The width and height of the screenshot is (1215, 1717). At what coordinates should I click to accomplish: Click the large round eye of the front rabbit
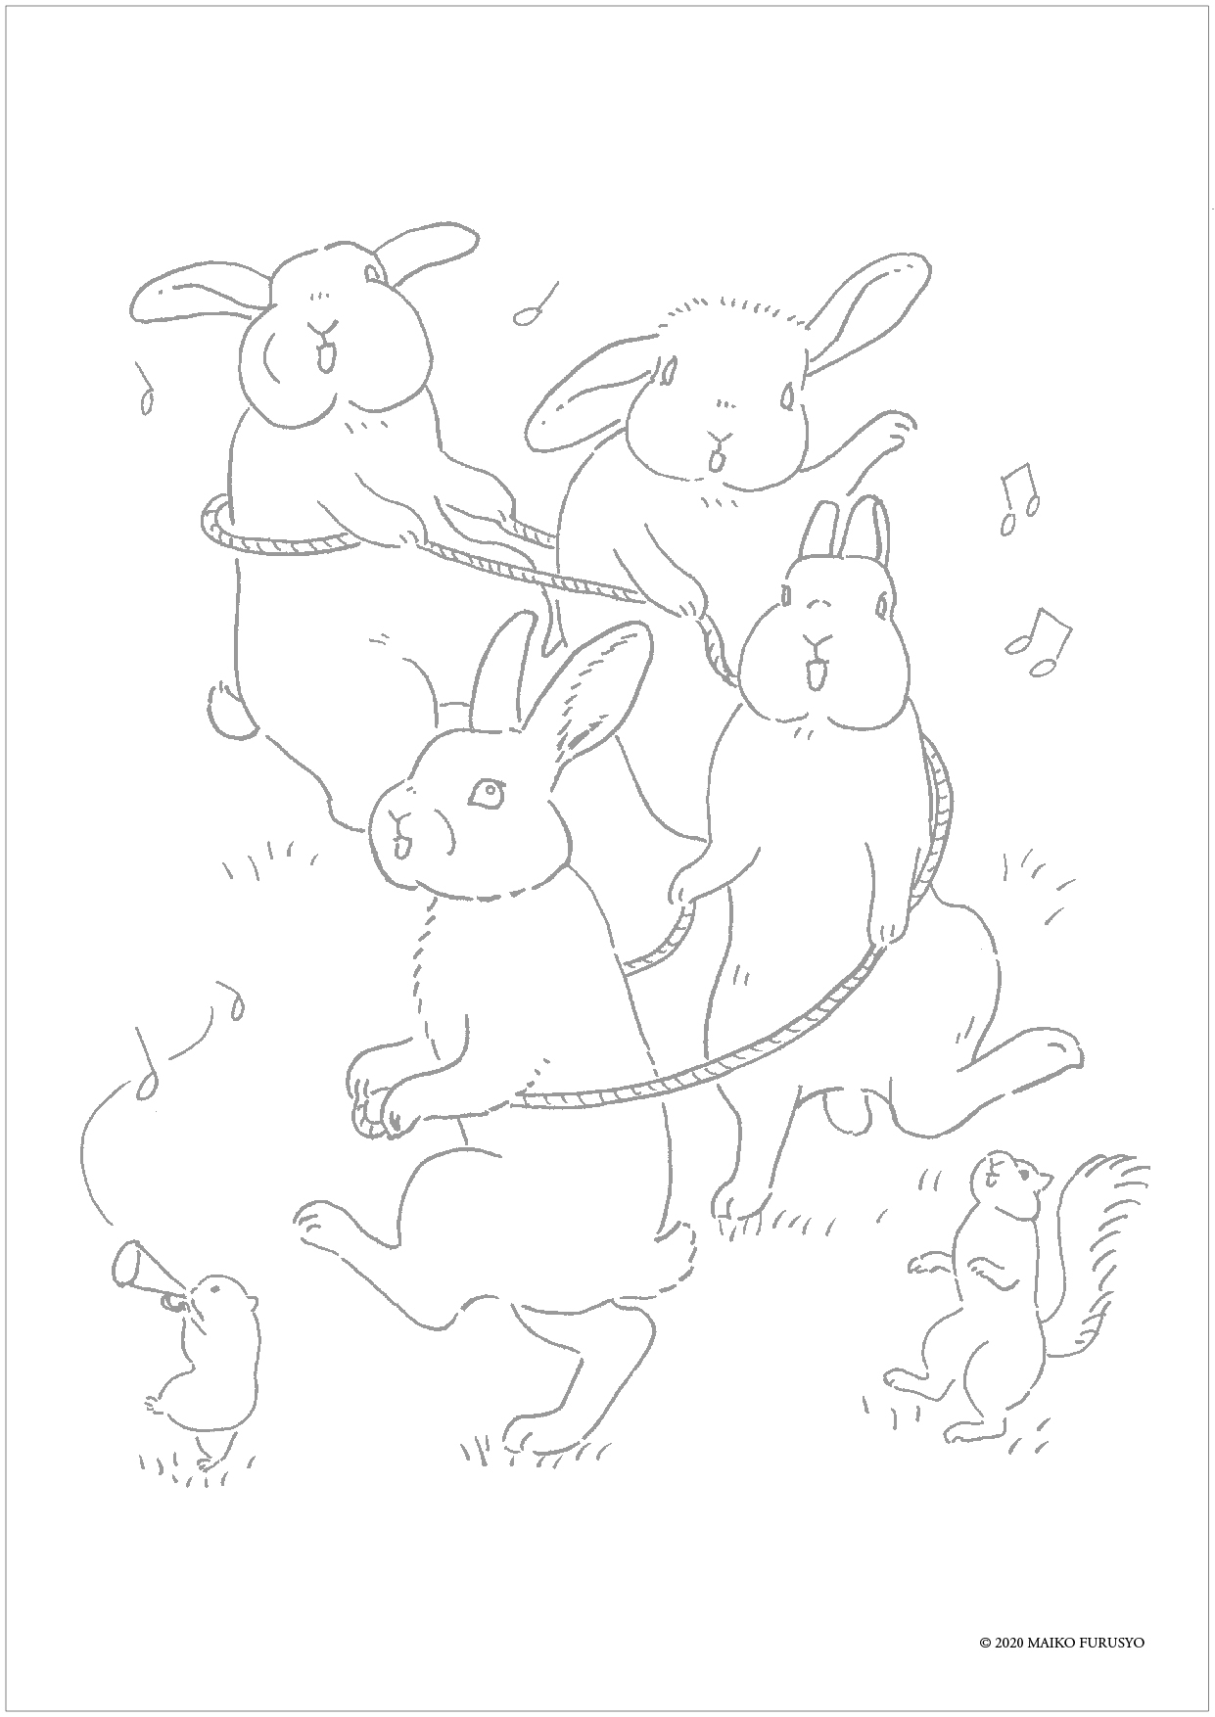pos(485,792)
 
